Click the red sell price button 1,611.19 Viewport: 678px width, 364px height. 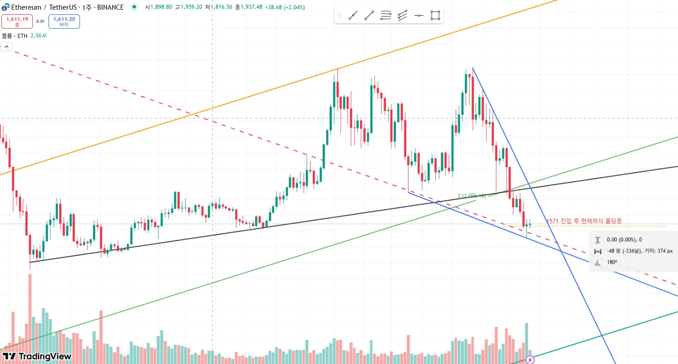[17, 21]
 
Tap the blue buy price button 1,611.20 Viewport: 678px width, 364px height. [64, 21]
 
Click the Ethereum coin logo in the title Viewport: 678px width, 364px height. [6, 7]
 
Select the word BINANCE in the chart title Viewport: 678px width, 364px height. [110, 7]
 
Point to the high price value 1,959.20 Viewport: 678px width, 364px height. [188, 7]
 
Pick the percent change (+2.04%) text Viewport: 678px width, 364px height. [291, 7]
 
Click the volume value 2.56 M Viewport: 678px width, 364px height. [38, 36]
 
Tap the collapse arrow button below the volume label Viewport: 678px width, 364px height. [7, 46]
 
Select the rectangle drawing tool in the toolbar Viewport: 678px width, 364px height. [435, 15]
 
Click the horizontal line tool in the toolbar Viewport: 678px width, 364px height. [418, 15]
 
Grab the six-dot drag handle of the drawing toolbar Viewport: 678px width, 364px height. [340, 15]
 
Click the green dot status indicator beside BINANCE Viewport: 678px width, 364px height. [134, 7]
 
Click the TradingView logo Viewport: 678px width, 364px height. [37, 356]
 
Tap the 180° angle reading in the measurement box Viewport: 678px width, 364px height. [612, 262]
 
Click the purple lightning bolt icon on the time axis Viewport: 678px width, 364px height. [530, 359]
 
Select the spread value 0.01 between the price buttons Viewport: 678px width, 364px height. [41, 21]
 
